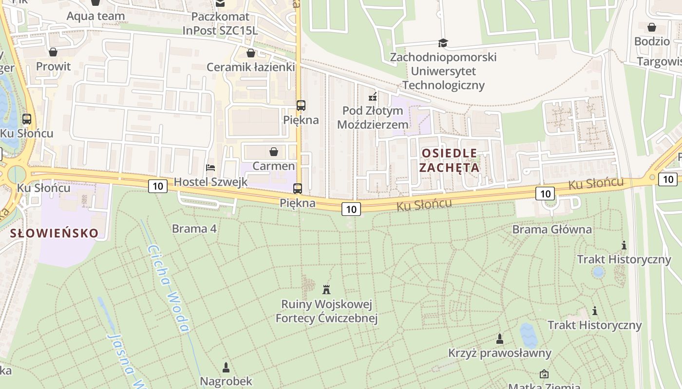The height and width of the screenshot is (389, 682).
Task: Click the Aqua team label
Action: tap(95, 16)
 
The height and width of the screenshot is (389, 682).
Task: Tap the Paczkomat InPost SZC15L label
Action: tap(220, 24)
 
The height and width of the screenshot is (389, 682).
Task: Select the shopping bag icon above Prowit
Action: tap(53, 52)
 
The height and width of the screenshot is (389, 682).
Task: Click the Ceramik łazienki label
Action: tap(251, 67)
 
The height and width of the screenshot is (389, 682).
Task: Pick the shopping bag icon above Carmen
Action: tap(274, 152)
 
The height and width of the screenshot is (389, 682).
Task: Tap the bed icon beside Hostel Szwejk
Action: tap(210, 168)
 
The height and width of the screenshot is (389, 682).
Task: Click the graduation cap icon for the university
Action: tap(443, 43)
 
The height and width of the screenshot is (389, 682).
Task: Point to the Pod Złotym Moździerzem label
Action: tap(373, 118)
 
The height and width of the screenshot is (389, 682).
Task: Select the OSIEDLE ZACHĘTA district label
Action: tap(449, 160)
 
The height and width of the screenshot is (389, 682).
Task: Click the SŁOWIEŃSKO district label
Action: tap(54, 233)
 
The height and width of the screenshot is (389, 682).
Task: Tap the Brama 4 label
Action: tap(194, 229)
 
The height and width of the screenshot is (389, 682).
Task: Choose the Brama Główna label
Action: tap(552, 230)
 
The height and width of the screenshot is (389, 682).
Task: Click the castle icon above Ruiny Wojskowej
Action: tap(326, 290)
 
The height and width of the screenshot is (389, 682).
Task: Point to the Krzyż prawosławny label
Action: tap(500, 353)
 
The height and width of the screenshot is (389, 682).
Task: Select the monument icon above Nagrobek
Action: tap(226, 367)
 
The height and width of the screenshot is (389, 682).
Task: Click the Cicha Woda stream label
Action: tap(168, 288)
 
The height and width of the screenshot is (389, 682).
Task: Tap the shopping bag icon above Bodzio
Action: tap(651, 27)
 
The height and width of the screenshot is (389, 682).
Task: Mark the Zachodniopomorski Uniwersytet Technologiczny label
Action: tap(443, 71)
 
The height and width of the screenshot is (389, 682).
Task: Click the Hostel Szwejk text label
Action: tap(211, 182)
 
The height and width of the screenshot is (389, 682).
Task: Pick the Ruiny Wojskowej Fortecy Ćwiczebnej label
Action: tap(326, 312)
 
